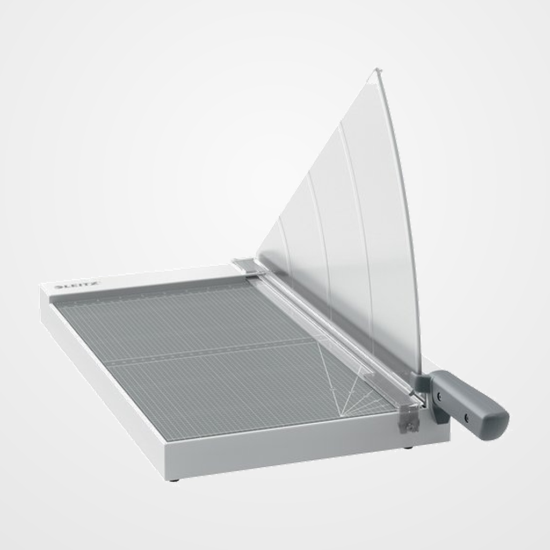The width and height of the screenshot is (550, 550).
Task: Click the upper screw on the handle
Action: tap(439, 396)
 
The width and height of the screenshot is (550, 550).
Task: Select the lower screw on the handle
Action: tap(465, 417)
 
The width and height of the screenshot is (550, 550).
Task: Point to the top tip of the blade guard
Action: tap(377, 70)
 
